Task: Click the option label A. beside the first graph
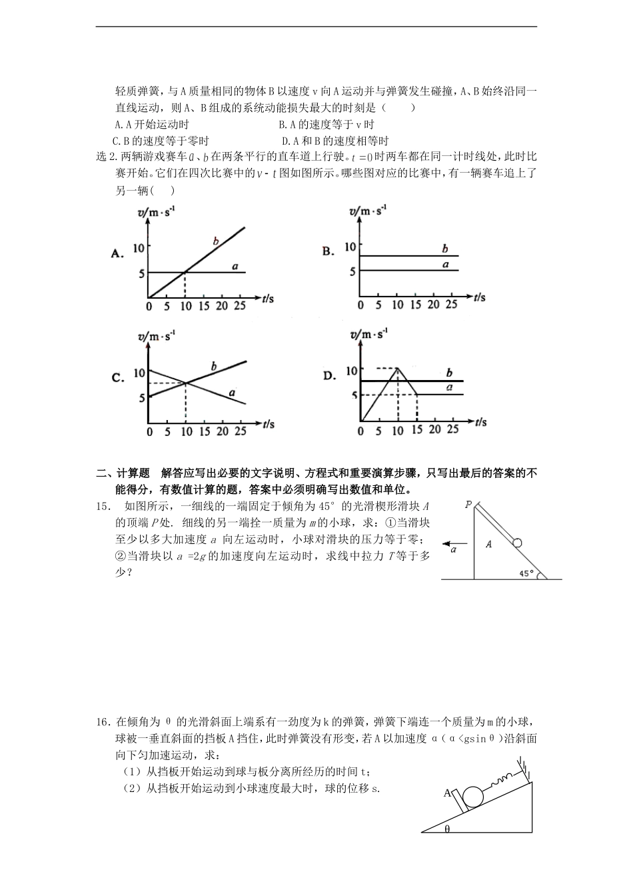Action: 118,253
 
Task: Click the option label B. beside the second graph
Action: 328,251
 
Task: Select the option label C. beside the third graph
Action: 118,378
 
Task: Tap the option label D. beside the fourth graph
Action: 329,376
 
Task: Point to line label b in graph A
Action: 215,241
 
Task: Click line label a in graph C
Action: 232,393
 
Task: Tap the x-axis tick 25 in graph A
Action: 240,305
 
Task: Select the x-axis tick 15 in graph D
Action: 416,430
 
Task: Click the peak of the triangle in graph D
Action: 398,368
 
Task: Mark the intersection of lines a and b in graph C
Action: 185,383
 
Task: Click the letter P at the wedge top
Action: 468,505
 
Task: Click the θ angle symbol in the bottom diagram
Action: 447,829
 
